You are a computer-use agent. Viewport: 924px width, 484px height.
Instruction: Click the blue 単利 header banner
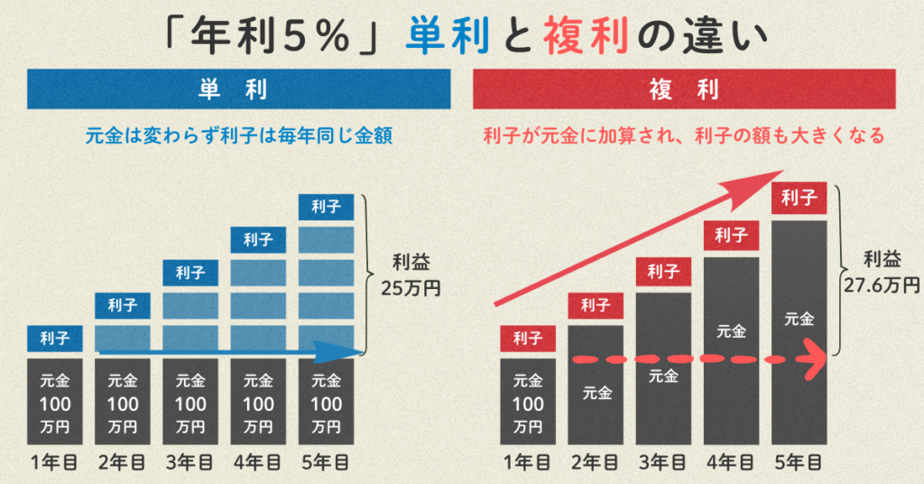click(x=239, y=89)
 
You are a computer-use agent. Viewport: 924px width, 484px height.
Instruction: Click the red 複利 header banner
click(x=683, y=89)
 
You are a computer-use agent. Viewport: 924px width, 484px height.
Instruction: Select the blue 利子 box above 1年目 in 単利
click(x=55, y=339)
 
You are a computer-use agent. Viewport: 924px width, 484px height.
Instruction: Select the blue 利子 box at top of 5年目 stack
click(x=326, y=207)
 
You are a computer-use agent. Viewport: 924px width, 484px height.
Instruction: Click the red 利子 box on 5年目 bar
click(x=799, y=198)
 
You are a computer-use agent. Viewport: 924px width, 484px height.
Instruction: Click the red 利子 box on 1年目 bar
click(x=528, y=339)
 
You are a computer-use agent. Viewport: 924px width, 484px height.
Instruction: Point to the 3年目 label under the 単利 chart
click(x=190, y=463)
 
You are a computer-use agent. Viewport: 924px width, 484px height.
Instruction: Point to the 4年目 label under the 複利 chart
click(x=731, y=463)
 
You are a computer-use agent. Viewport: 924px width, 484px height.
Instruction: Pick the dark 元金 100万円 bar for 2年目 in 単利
click(x=123, y=403)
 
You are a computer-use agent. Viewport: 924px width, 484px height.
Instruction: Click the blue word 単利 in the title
click(x=442, y=37)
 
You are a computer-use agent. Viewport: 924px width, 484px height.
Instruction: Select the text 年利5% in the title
click(x=271, y=37)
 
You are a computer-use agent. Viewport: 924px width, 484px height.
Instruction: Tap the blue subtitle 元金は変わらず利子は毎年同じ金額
click(x=239, y=136)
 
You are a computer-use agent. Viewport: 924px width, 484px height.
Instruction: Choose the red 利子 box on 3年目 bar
click(x=663, y=270)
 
